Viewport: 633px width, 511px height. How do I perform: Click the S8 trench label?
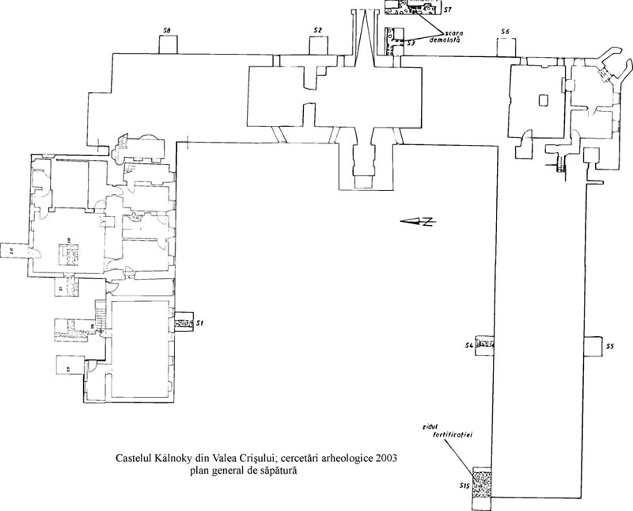point(167,31)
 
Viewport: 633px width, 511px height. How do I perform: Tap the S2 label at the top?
point(317,30)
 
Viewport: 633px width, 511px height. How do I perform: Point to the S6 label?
point(505,31)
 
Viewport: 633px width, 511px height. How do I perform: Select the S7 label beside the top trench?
point(447,10)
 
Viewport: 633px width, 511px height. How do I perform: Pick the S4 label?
point(468,346)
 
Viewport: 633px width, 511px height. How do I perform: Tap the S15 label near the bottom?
point(464,485)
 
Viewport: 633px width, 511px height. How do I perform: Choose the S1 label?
point(201,323)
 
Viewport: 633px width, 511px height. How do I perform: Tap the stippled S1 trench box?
point(184,323)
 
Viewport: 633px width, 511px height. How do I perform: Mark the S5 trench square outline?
point(592,347)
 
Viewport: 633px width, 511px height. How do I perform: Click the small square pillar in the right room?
point(542,100)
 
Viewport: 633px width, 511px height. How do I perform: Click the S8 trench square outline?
point(168,44)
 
